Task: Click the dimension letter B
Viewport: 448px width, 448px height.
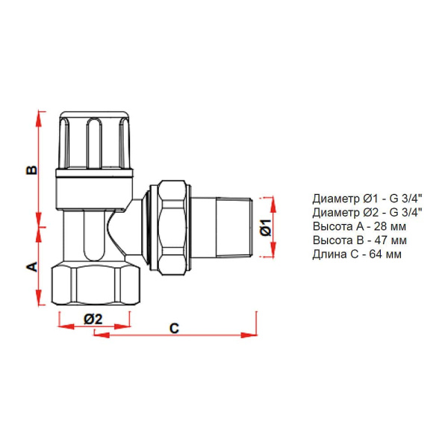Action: [x=32, y=169]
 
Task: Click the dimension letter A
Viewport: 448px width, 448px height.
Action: [x=32, y=267]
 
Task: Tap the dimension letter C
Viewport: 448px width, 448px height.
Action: [x=174, y=329]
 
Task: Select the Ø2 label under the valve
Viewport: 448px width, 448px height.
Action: [x=93, y=319]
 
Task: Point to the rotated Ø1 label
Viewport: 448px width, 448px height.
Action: [x=266, y=228]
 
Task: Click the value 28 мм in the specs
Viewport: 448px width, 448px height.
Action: [x=390, y=226]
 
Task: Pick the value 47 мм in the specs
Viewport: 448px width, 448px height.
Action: [x=391, y=240]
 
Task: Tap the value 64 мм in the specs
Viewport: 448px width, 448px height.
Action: [x=385, y=254]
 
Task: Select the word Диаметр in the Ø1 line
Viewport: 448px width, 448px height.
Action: [x=336, y=199]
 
